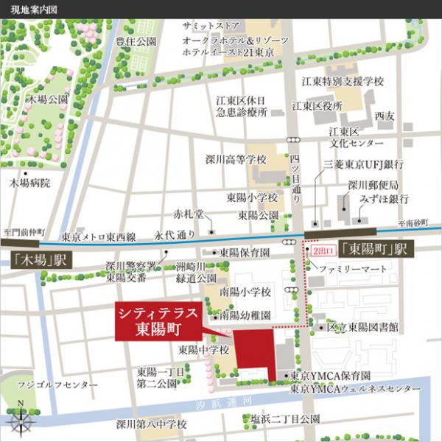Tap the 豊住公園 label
click(x=136, y=42)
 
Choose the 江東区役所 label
click(x=318, y=106)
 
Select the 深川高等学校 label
click(x=235, y=159)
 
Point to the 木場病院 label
click(x=30, y=182)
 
